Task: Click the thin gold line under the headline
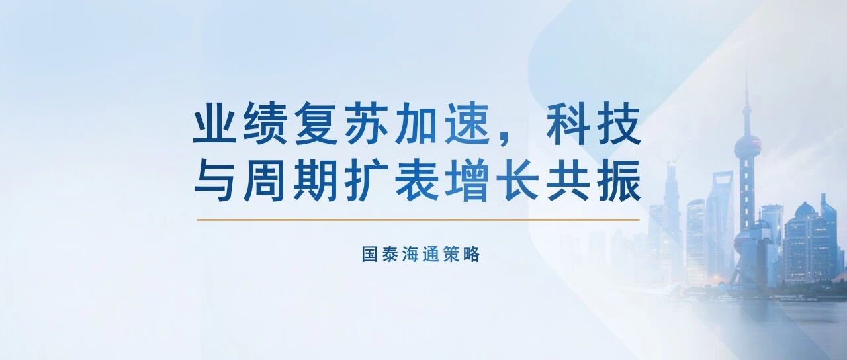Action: [418, 220]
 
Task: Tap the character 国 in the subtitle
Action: [370, 254]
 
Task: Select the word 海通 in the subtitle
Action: [411, 254]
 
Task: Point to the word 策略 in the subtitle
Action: [461, 254]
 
